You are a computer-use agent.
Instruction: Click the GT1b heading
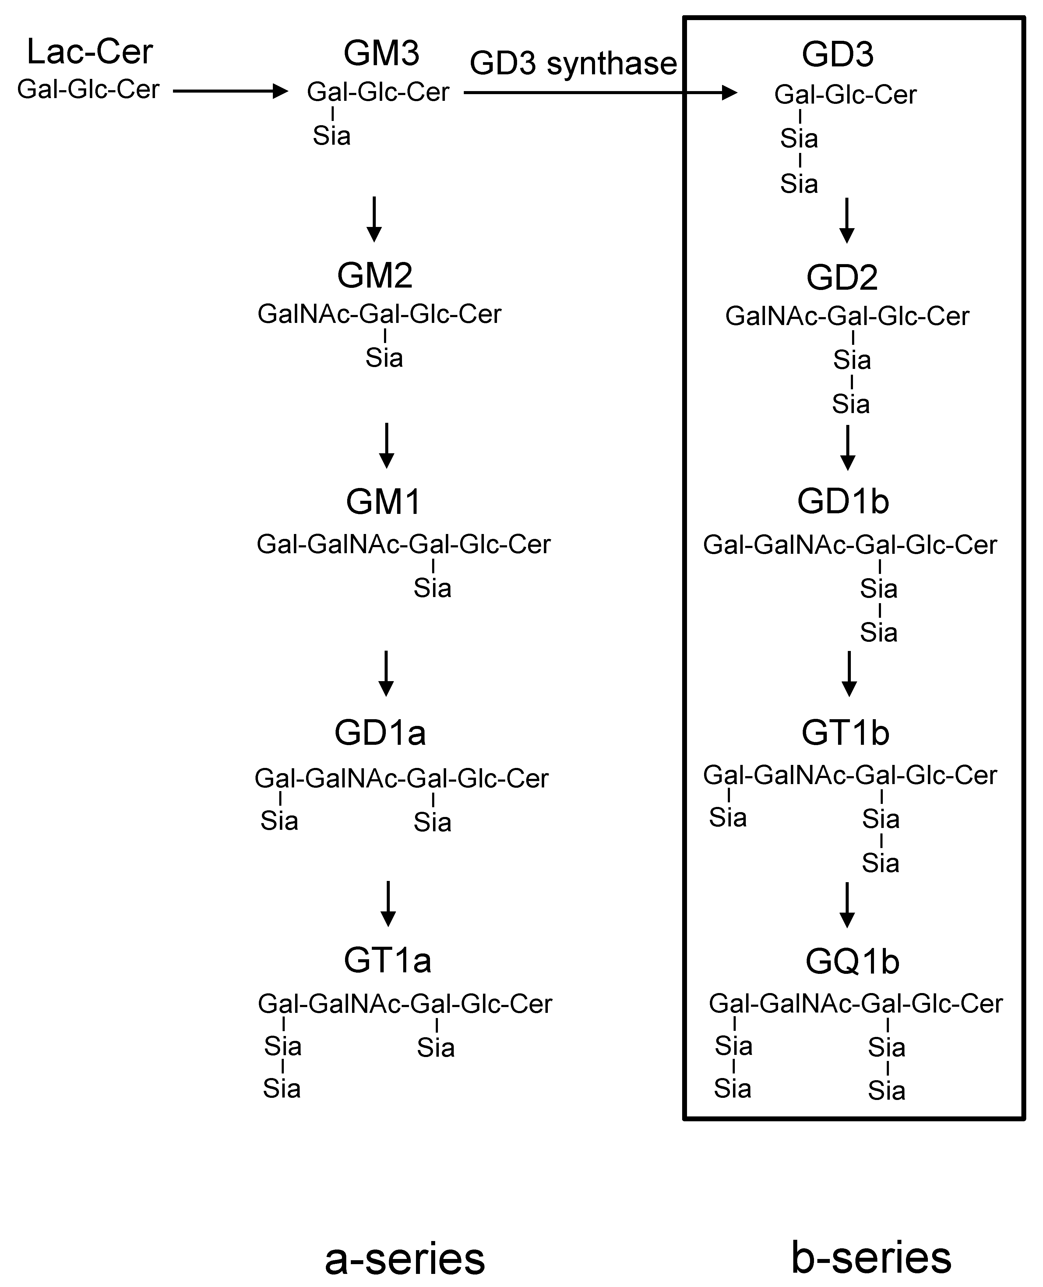point(845,733)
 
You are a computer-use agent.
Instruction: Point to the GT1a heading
point(388,960)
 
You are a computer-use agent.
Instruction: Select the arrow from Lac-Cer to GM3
point(230,91)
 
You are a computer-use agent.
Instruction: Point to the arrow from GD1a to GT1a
point(388,903)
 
